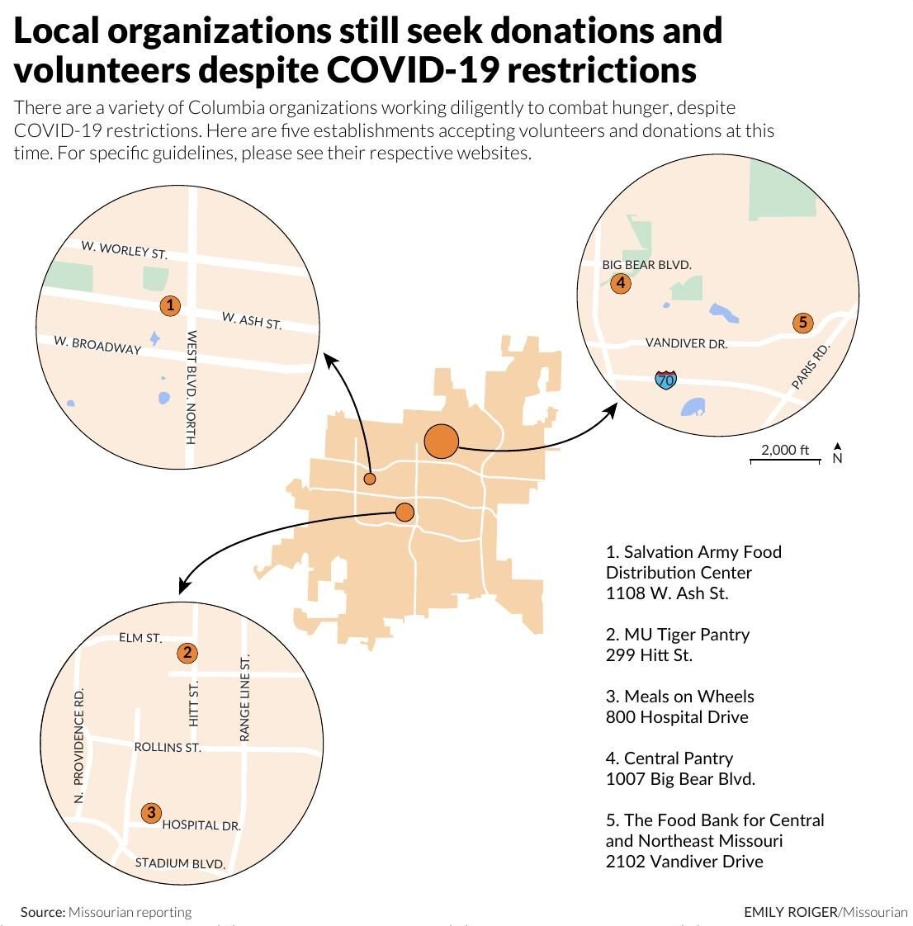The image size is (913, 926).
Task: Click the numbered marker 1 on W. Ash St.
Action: click(x=169, y=306)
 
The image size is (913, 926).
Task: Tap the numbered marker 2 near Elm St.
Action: click(x=188, y=654)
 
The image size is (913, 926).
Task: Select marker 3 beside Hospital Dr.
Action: click(x=151, y=813)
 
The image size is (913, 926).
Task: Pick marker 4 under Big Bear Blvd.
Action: click(x=621, y=284)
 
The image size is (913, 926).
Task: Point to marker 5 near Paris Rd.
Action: click(x=803, y=323)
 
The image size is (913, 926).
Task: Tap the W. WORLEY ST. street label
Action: click(x=124, y=249)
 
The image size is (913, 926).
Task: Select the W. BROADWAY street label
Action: click(x=97, y=345)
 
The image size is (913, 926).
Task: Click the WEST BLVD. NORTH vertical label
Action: click(x=191, y=387)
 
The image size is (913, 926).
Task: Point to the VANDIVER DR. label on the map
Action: click(x=686, y=343)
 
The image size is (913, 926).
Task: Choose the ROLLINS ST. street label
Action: click(x=168, y=748)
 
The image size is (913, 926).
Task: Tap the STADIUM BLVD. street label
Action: click(x=180, y=864)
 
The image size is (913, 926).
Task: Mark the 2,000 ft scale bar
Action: click(x=785, y=454)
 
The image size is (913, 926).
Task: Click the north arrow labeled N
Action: click(x=837, y=454)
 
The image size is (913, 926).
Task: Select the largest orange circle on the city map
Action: click(x=442, y=442)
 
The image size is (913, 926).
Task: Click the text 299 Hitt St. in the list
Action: click(x=649, y=655)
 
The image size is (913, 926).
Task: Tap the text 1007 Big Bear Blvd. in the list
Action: click(x=680, y=779)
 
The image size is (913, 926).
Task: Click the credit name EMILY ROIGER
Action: click(x=789, y=912)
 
